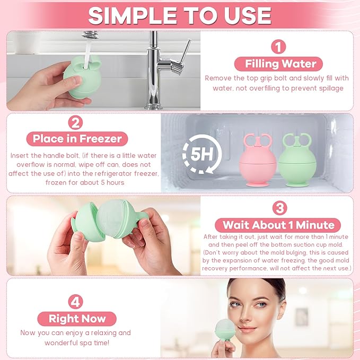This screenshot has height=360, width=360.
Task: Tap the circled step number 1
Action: [x=278, y=47]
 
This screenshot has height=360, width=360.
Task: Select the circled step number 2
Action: [x=76, y=123]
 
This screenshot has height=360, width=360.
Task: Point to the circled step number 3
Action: [x=278, y=207]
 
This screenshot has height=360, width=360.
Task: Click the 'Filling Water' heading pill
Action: [x=280, y=64]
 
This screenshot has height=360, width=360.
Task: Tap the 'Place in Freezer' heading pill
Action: [x=77, y=139]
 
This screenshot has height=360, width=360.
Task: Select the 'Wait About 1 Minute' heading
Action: [x=278, y=224]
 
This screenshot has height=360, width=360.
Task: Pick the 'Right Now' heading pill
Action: [x=77, y=318]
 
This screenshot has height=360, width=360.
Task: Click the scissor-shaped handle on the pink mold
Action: [x=258, y=141]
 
